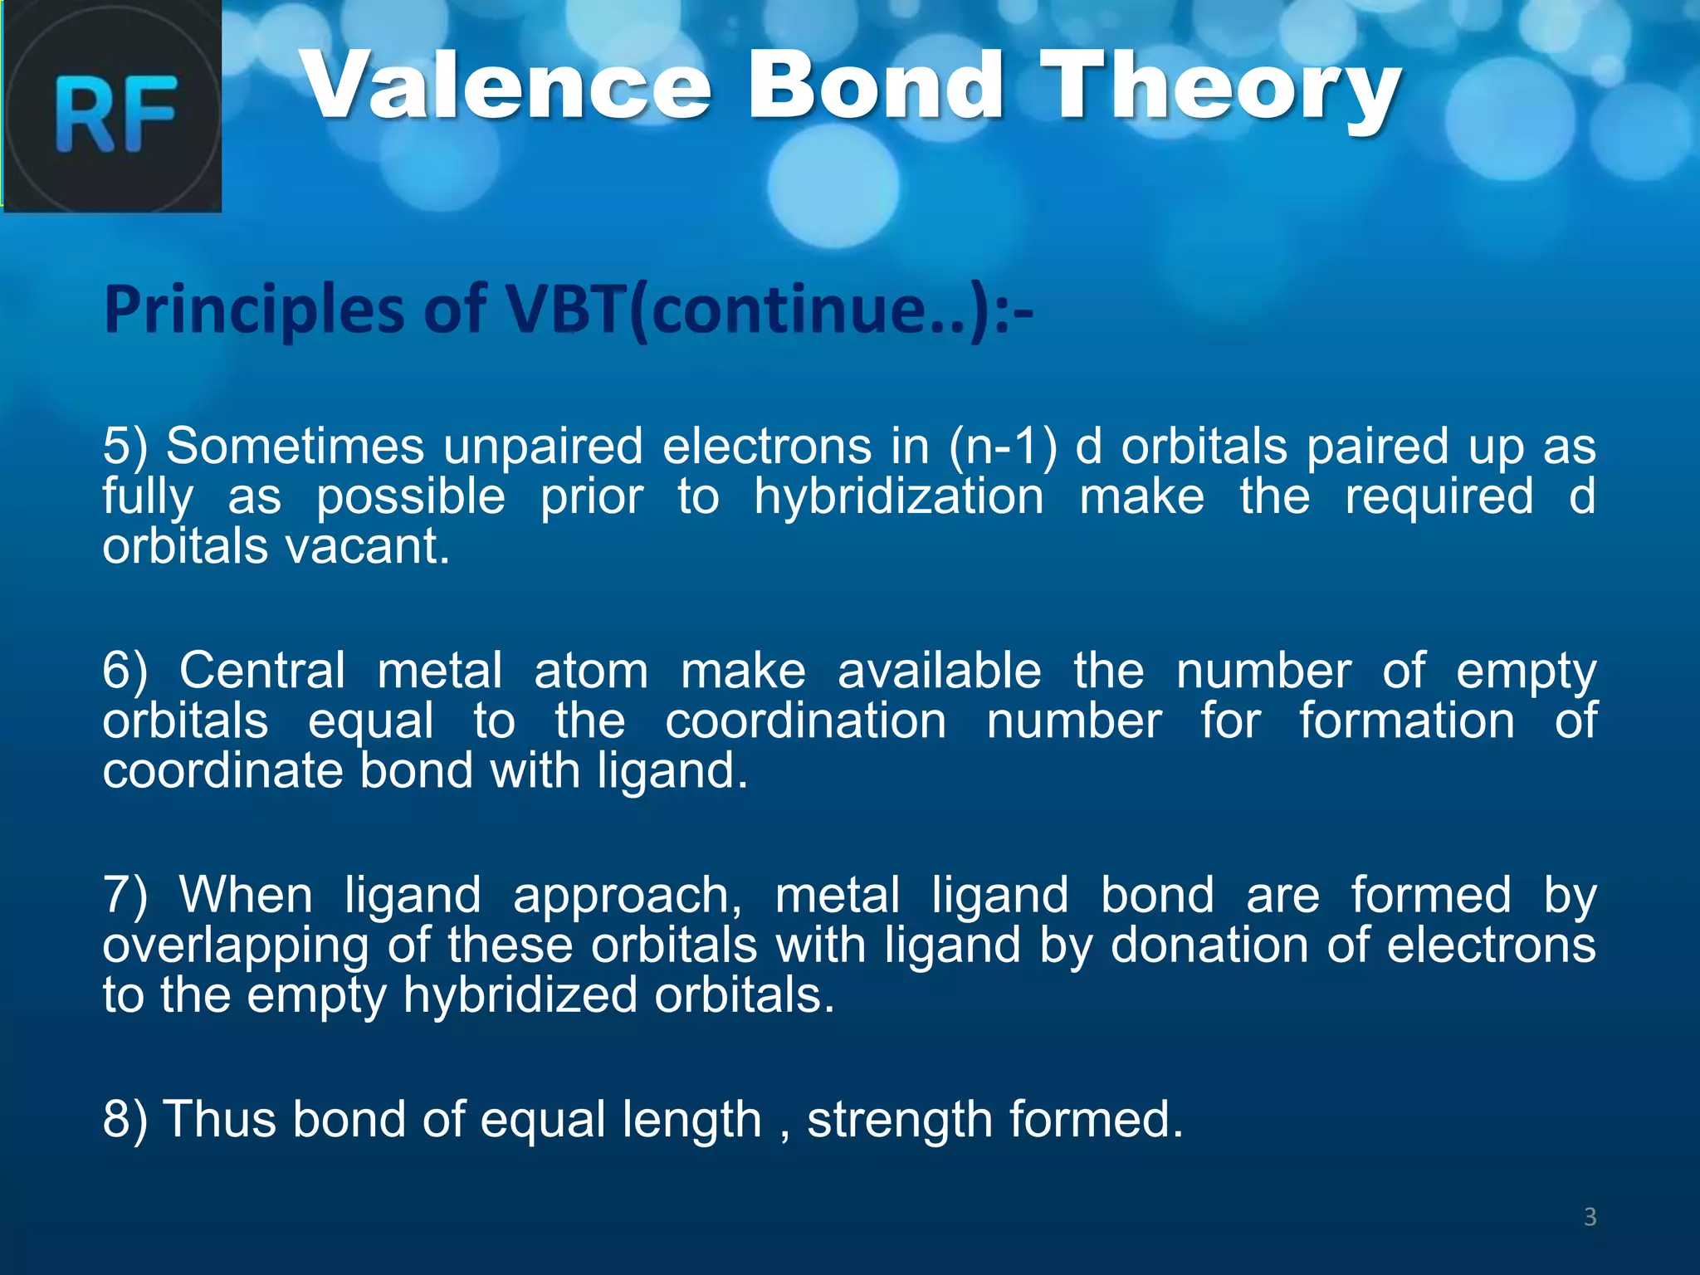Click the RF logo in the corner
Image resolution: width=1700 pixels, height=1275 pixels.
pyautogui.click(x=112, y=106)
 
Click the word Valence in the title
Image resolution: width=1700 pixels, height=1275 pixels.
pyautogui.click(x=506, y=87)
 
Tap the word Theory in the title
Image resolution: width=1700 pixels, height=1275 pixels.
pyautogui.click(x=1220, y=87)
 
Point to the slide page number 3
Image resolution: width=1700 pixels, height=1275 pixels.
pyautogui.click(x=1590, y=1217)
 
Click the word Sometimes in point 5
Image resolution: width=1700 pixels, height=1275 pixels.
pyautogui.click(x=295, y=447)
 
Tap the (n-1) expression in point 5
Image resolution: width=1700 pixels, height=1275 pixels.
pyautogui.click(x=1004, y=447)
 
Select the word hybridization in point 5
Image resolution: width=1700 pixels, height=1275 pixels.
pyautogui.click(x=898, y=497)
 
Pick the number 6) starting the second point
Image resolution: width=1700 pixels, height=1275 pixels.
pyautogui.click(x=125, y=671)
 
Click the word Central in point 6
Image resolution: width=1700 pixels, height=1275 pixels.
pyautogui.click(x=261, y=671)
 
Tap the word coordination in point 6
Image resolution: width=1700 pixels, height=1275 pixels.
pyautogui.click(x=805, y=721)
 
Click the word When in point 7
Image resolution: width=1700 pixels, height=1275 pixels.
pyautogui.click(x=246, y=896)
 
